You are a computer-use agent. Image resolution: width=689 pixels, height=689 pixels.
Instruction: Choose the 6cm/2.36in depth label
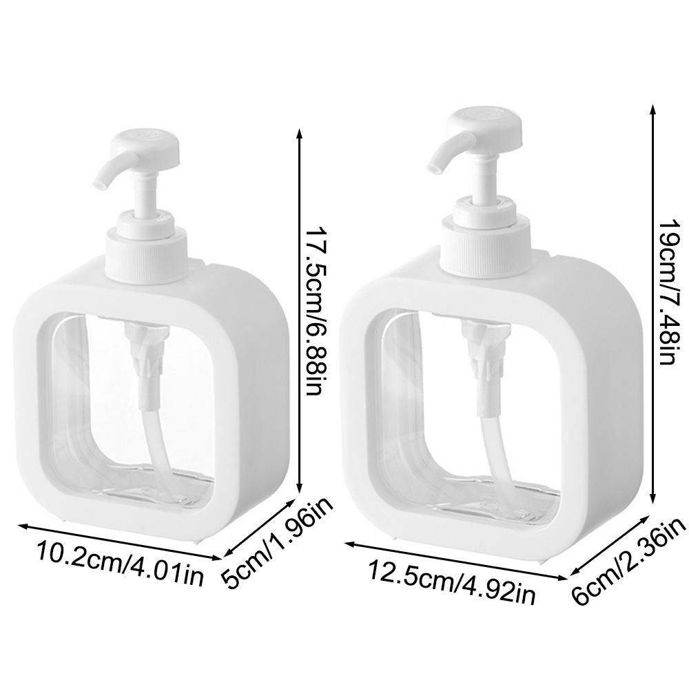click(x=630, y=562)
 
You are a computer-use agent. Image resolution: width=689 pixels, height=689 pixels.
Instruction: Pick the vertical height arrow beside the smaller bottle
click(x=299, y=310)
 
